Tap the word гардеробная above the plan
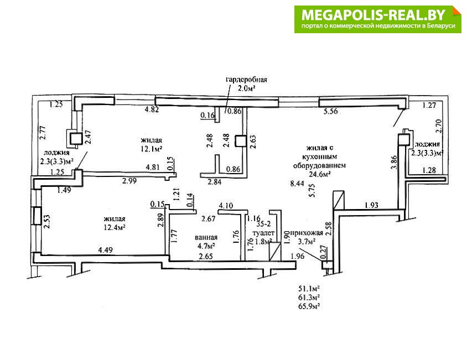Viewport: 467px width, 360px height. pyautogui.click(x=246, y=80)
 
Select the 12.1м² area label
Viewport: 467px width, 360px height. pyautogui.click(x=151, y=149)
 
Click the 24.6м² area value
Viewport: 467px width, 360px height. pyautogui.click(x=320, y=174)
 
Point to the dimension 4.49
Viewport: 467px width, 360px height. pyautogui.click(x=105, y=251)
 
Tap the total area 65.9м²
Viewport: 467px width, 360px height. pyautogui.click(x=310, y=305)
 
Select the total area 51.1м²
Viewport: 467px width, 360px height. pyautogui.click(x=310, y=288)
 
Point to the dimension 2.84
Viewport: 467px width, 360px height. pyautogui.click(x=215, y=181)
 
